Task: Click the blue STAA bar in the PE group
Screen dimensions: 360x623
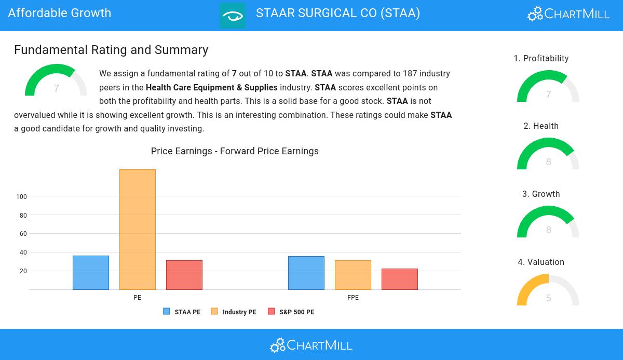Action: tap(91, 273)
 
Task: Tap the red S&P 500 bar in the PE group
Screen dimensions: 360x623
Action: tap(184, 275)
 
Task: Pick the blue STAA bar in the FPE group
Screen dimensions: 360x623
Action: tap(306, 273)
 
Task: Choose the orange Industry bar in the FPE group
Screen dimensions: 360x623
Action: tap(353, 275)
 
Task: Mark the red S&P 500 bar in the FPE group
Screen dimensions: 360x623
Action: tap(400, 279)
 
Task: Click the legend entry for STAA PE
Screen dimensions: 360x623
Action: tap(182, 312)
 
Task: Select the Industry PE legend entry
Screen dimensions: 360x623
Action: tap(234, 312)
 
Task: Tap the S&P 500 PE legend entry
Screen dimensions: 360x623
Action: tap(291, 312)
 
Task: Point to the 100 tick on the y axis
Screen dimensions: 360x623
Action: tap(21, 197)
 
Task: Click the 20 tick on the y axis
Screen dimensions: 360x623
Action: tap(23, 271)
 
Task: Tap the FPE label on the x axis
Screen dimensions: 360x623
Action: tap(353, 298)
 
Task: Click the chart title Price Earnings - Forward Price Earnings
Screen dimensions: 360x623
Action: tap(235, 151)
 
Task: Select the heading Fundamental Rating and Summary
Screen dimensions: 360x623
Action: tap(111, 50)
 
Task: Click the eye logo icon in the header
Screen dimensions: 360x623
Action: tap(233, 16)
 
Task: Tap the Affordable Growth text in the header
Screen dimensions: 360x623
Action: tap(60, 13)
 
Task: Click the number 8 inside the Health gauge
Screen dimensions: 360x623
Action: tap(548, 162)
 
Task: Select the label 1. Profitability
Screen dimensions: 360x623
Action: tap(541, 59)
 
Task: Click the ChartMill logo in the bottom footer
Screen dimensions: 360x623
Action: tap(311, 345)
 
